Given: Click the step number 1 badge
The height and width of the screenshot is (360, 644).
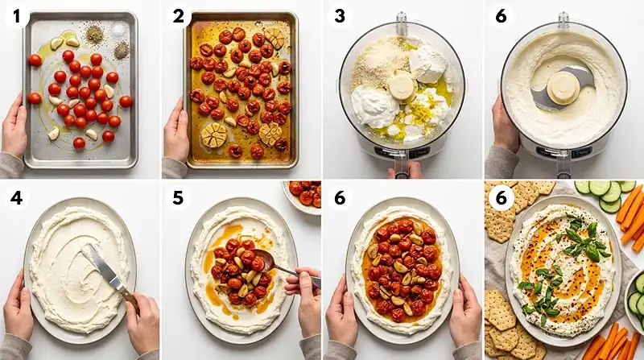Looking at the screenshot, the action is (16, 16).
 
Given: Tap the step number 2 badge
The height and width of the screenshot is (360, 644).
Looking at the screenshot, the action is (178, 16).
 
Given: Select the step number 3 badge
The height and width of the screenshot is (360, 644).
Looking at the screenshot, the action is (340, 16).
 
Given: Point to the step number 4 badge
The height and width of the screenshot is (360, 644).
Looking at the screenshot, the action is (16, 198).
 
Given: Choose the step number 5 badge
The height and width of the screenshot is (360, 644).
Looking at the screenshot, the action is (178, 198).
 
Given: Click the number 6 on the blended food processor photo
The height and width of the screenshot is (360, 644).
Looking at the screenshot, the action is (502, 16).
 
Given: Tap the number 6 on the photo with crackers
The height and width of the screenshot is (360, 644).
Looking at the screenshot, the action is (502, 198).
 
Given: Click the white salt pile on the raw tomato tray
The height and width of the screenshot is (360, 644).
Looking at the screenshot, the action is (118, 29).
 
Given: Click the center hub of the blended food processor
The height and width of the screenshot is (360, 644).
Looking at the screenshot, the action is (563, 88).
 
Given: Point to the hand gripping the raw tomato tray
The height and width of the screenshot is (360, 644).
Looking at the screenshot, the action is (14, 126).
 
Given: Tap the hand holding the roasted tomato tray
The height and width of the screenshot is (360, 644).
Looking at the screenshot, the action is (175, 127).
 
